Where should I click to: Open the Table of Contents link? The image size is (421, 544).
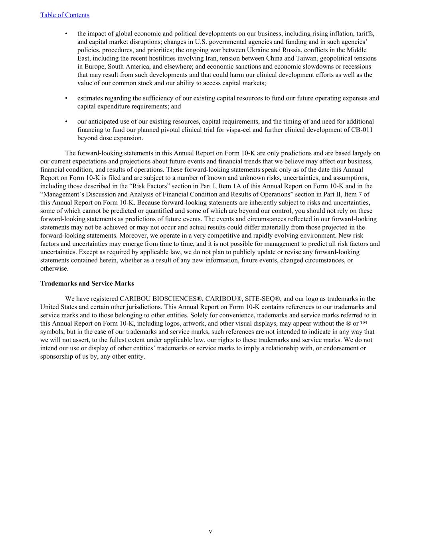[65, 15]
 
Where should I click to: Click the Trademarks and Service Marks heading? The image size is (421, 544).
[87, 284]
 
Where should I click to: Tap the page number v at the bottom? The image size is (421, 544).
[210, 532]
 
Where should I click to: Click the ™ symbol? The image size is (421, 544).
[363, 323]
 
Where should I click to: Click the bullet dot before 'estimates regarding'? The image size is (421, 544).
[66, 98]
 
